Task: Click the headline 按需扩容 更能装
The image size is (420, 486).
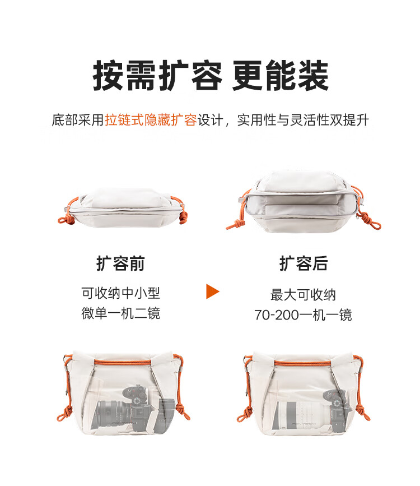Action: (x=211, y=75)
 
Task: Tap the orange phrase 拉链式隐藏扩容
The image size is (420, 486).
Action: (x=151, y=120)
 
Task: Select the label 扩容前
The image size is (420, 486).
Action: (x=120, y=263)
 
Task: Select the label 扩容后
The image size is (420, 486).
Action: (x=303, y=263)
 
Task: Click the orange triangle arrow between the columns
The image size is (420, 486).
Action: (x=212, y=291)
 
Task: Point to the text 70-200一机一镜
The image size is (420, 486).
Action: (x=303, y=315)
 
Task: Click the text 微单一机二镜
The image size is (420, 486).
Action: (x=121, y=313)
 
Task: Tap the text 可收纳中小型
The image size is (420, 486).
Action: (x=121, y=293)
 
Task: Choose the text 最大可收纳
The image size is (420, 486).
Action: (x=303, y=295)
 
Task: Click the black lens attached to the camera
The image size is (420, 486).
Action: (x=113, y=414)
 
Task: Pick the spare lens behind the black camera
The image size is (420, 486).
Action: (x=166, y=414)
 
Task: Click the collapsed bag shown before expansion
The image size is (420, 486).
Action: (x=122, y=207)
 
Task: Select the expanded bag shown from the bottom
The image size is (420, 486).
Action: (x=304, y=201)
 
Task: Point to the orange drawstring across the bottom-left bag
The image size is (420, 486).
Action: (x=122, y=362)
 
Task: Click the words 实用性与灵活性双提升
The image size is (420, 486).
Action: (x=303, y=120)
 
